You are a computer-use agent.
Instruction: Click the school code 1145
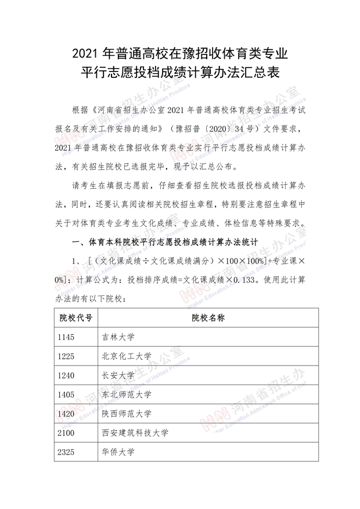pyautogui.click(x=66, y=336)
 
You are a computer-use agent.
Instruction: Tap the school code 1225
pyautogui.click(x=66, y=356)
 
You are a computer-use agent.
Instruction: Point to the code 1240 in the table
pyautogui.click(x=66, y=375)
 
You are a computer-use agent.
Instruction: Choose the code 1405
pyautogui.click(x=66, y=395)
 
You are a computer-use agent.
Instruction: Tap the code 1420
pyautogui.click(x=66, y=414)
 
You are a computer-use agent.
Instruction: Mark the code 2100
pyautogui.click(x=66, y=433)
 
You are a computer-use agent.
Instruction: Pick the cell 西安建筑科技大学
pyautogui.click(x=135, y=433)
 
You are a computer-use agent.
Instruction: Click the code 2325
pyautogui.click(x=66, y=452)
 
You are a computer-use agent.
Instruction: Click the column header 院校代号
pyautogui.click(x=76, y=317)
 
